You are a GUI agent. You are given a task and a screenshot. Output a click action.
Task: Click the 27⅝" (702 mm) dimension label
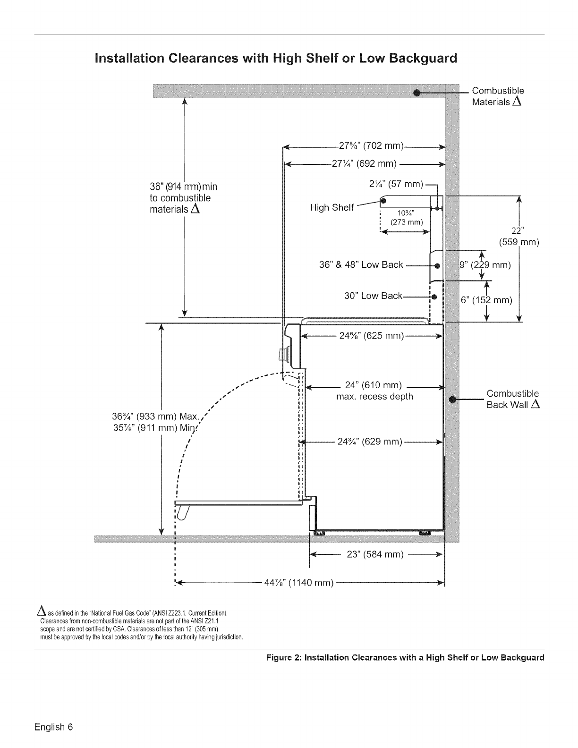coord(371,145)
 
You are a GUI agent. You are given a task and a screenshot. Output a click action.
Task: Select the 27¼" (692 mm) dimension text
coord(364,163)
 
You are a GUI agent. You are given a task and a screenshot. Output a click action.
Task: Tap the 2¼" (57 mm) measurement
coord(396,184)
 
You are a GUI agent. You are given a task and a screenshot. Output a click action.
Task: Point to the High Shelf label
coord(332,208)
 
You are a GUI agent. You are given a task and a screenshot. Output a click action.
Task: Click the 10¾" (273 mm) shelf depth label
coord(407,218)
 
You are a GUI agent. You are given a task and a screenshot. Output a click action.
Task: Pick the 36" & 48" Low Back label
coord(361,265)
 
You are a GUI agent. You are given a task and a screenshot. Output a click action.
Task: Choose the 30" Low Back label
coord(373,296)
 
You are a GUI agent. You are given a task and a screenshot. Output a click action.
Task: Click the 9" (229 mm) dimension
coord(485,265)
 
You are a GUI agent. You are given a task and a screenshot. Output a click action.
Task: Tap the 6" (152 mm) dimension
coord(486,300)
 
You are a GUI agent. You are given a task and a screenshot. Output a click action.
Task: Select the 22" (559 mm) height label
coord(519,236)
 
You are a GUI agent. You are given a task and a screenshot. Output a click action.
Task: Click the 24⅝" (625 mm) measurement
coord(372,336)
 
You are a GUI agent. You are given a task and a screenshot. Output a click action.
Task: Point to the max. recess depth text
coord(374,397)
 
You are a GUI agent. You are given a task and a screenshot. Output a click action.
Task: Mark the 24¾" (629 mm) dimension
coord(370,442)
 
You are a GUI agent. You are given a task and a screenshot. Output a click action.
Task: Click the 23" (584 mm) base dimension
coord(375,554)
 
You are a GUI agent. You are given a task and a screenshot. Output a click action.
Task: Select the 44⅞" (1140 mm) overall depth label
coord(299,583)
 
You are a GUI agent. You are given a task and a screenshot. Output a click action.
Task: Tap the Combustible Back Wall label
coord(513,399)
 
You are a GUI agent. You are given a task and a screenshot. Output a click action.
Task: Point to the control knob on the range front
coord(283,354)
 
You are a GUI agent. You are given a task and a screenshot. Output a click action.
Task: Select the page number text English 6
coord(53,727)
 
